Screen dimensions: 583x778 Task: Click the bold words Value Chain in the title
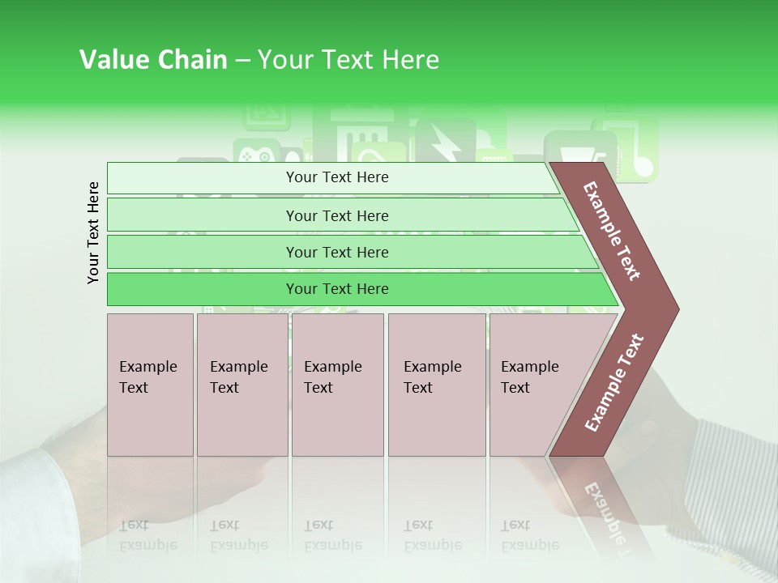click(153, 60)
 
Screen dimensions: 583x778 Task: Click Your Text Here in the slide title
click(348, 60)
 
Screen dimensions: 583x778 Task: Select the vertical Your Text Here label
click(93, 232)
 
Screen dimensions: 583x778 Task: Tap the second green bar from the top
click(337, 215)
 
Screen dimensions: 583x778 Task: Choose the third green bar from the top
click(337, 252)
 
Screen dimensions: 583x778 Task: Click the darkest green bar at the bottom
click(337, 289)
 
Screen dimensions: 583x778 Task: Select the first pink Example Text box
click(150, 385)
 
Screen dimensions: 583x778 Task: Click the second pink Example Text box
click(242, 385)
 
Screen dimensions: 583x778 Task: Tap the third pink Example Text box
click(337, 385)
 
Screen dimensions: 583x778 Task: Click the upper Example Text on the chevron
click(612, 231)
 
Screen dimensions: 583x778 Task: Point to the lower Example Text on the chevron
click(613, 383)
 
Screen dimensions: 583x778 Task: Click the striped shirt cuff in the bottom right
click(729, 494)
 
